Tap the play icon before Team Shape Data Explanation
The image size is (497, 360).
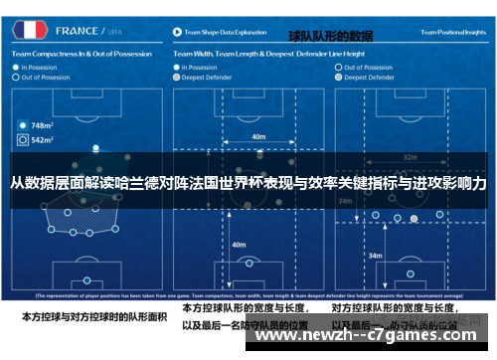pyautogui.click(x=177, y=32)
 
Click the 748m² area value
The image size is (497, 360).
pyautogui.click(x=42, y=126)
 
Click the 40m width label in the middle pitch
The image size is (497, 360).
pyautogui.click(x=257, y=137)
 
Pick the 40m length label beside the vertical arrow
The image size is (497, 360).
pyautogui.click(x=239, y=243)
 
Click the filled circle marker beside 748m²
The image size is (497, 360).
pyautogui.click(x=22, y=126)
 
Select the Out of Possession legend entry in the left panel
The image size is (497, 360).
pyautogui.click(x=44, y=77)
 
